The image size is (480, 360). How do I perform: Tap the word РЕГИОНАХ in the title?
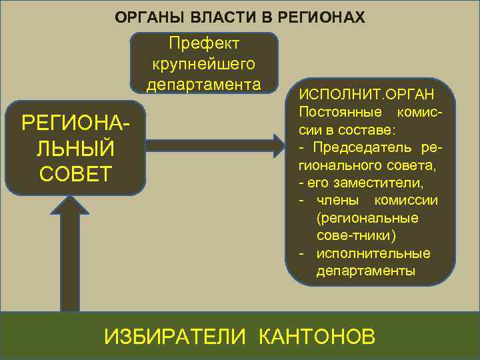pos(326,17)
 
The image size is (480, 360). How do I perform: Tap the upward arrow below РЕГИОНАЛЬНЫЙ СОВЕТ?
pos(71,253)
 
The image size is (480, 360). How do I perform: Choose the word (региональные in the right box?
pos(367,218)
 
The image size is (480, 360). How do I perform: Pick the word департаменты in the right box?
pos(365,272)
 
